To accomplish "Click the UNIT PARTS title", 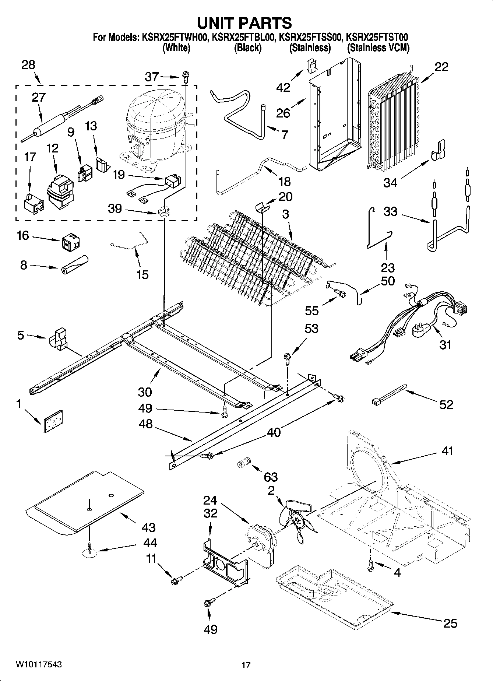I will point(245,23).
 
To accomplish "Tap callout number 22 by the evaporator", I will point(441,67).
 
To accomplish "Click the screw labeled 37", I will point(185,77).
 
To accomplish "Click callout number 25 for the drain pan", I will point(450,623).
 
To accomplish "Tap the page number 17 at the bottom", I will point(246,665).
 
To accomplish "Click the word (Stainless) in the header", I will point(310,48).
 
